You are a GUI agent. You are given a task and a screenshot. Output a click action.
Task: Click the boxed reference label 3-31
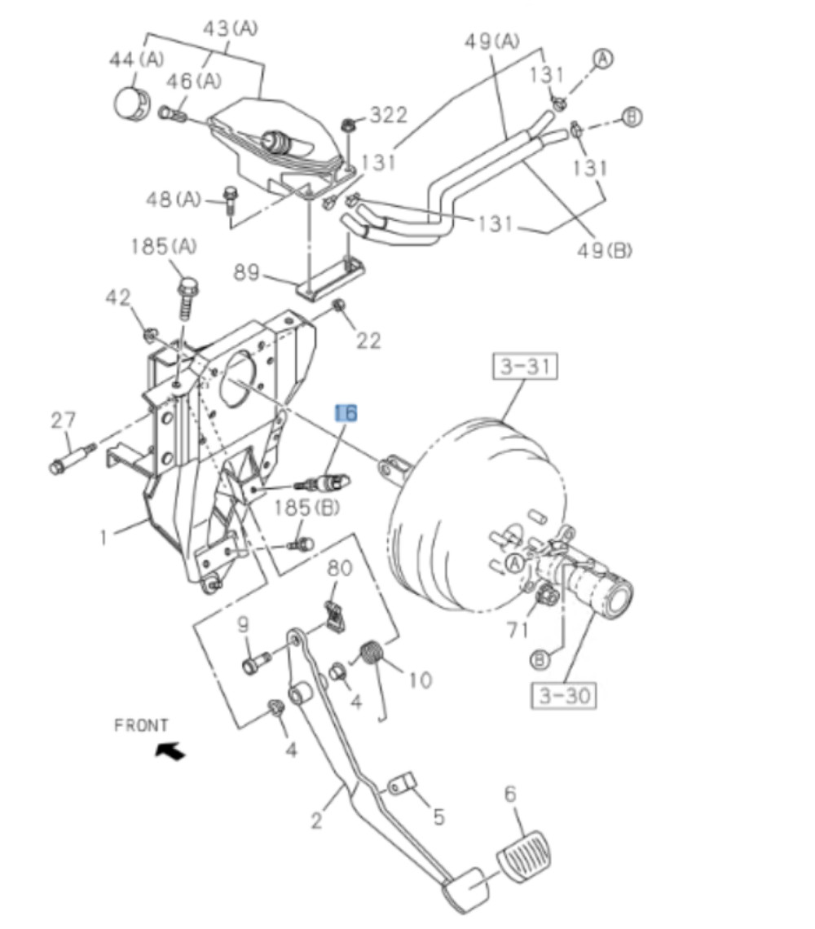pyautogui.click(x=525, y=368)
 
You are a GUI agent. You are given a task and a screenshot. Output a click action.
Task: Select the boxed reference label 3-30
pyautogui.click(x=563, y=695)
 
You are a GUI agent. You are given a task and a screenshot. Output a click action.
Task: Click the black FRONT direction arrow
pyautogui.click(x=170, y=750)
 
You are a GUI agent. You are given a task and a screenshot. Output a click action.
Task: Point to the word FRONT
pyautogui.click(x=141, y=724)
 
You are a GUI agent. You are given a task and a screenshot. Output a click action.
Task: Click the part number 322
pyautogui.click(x=387, y=115)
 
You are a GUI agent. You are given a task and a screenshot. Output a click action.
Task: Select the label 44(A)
pyautogui.click(x=136, y=59)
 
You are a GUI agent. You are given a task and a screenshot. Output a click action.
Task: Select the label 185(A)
pyautogui.click(x=164, y=246)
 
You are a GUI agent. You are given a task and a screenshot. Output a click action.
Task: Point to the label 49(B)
pyautogui.click(x=605, y=250)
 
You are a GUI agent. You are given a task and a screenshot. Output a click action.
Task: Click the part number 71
pyautogui.click(x=518, y=630)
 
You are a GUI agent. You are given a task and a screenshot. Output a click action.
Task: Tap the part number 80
pyautogui.click(x=340, y=567)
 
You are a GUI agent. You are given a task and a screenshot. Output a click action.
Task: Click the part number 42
pyautogui.click(x=118, y=298)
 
